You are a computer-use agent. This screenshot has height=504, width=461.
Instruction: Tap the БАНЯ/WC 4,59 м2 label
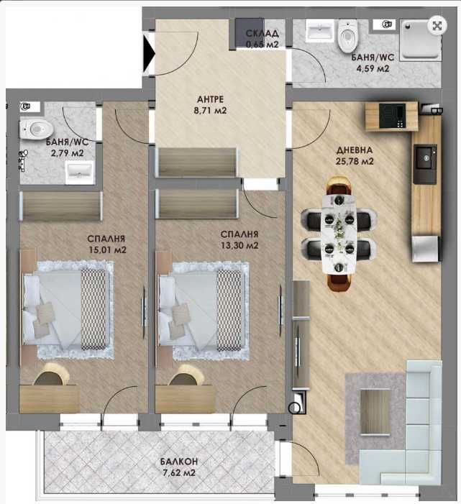[370, 63]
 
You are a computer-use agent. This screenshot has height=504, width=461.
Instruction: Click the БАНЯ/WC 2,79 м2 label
[55, 147]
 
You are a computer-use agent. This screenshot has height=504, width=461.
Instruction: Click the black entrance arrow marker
[149, 52]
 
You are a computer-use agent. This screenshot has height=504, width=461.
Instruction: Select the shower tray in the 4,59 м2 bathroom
[421, 39]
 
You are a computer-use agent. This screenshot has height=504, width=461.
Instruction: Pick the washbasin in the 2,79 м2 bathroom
[78, 171]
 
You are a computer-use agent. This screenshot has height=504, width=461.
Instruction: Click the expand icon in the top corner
[436, 24]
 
